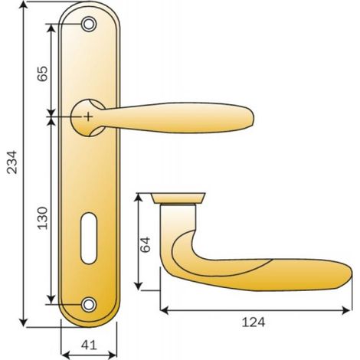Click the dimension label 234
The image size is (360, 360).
[12, 162]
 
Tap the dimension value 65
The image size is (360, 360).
[42, 74]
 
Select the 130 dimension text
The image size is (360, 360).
[42, 218]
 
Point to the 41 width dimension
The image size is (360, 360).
[89, 345]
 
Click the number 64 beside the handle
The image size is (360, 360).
[146, 244]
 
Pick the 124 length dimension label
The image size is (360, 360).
[254, 322]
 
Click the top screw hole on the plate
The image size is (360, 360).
[89, 24]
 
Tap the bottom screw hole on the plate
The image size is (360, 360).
[89, 304]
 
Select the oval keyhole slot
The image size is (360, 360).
[89, 238]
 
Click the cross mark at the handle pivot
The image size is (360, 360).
[88, 116]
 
